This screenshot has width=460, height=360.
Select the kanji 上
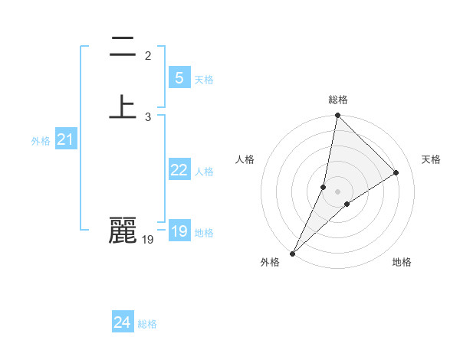click(123, 106)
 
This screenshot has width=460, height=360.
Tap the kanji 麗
click(123, 231)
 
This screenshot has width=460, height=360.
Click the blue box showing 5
click(179, 78)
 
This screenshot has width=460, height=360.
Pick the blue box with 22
click(179, 170)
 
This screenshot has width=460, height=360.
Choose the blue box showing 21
click(65, 139)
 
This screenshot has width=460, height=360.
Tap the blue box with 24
click(123, 322)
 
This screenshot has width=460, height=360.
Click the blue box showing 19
click(179, 231)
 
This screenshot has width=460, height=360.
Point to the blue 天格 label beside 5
click(204, 80)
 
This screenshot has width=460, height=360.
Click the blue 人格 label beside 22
click(204, 172)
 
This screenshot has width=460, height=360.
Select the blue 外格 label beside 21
click(41, 141)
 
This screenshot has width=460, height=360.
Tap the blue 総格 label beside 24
click(147, 324)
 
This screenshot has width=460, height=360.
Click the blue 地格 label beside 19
click(204, 233)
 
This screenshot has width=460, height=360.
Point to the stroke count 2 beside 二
click(148, 55)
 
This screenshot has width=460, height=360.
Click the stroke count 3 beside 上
click(148, 116)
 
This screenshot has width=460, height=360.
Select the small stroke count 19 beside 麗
click(148, 240)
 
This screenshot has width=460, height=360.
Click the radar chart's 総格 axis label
click(338, 100)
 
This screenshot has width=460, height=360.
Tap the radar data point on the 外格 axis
click(292, 254)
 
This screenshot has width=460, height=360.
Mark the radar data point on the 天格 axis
click(396, 173)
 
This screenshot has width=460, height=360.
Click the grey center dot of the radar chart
click(338, 191)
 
